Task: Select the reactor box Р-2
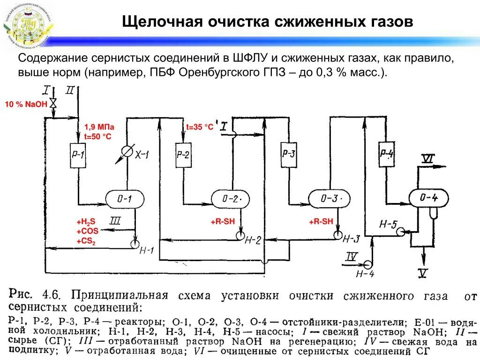184,155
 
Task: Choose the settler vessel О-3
329,198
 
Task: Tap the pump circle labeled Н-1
135,243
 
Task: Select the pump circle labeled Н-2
240,233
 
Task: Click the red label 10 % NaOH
26,104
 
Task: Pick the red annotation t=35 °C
200,127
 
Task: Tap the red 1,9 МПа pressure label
99,127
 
